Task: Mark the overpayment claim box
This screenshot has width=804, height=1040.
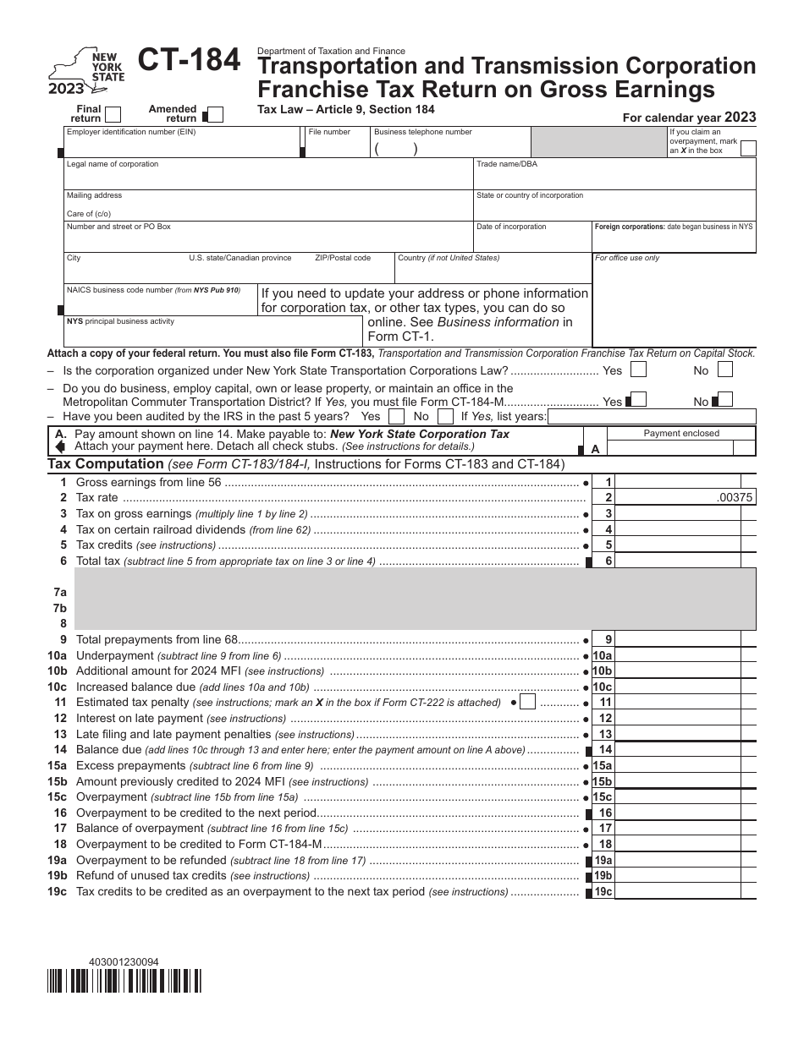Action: click(x=747, y=148)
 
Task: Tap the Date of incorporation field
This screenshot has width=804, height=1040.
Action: click(x=531, y=242)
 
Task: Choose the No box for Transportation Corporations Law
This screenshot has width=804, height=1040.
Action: click(x=724, y=369)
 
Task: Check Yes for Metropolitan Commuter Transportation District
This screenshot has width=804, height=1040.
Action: click(x=640, y=400)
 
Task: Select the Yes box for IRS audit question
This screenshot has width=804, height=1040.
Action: click(x=396, y=417)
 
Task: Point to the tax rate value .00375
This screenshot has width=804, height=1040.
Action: click(x=734, y=498)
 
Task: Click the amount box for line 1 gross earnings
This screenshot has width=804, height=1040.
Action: click(x=680, y=482)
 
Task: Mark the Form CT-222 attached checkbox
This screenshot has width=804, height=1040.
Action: click(x=527, y=702)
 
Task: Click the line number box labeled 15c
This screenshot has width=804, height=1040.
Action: click(x=602, y=797)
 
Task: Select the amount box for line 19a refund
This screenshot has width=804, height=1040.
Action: click(x=680, y=860)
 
